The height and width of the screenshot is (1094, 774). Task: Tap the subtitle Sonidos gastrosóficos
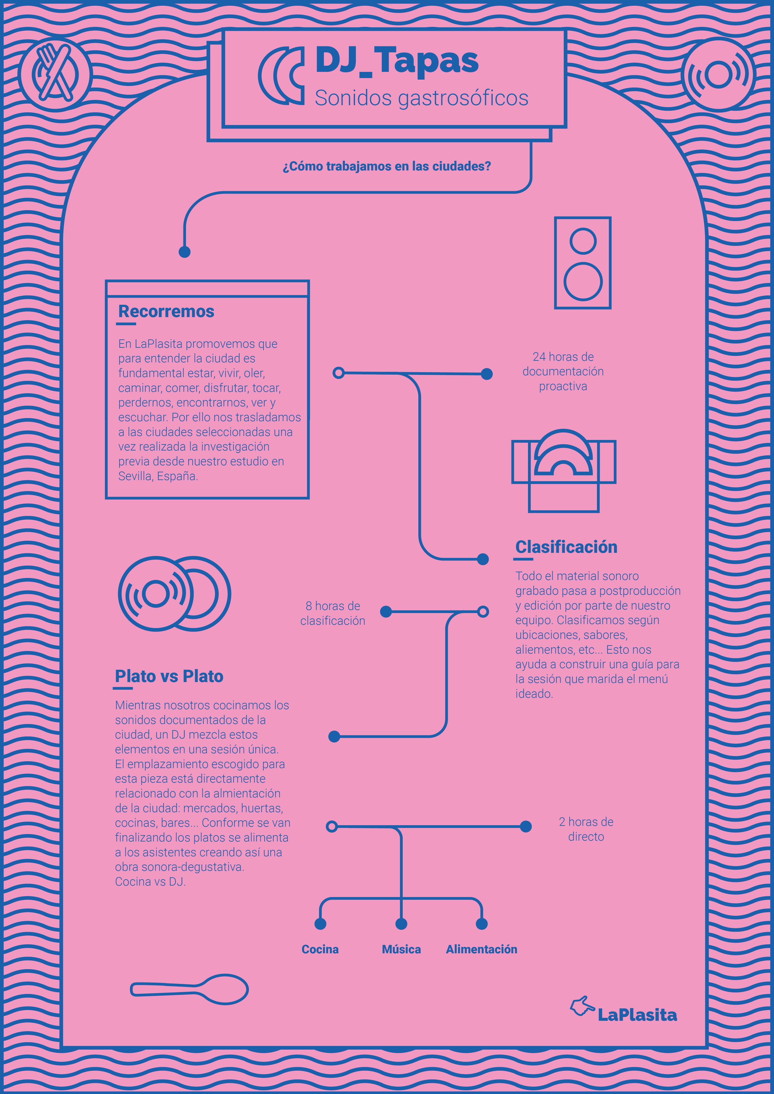(x=421, y=98)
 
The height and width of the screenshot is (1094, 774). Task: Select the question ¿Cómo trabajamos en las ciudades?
(x=387, y=166)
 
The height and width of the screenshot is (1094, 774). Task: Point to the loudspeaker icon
(x=582, y=263)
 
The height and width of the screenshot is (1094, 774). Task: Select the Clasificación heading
(x=566, y=547)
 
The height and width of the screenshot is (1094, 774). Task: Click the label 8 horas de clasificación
(x=333, y=613)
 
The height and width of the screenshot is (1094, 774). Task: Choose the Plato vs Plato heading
(x=169, y=676)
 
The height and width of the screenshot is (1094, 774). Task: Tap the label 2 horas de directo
(x=586, y=829)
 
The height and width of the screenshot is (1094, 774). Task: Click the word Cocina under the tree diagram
(x=320, y=949)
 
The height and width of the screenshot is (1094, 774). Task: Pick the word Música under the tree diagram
(x=401, y=949)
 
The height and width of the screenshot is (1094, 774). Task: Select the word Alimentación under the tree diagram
(x=481, y=949)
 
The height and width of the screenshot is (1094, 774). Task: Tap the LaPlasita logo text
(x=637, y=1015)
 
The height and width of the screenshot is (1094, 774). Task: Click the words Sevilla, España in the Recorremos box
(x=158, y=476)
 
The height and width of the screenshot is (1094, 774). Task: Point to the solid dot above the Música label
(x=401, y=924)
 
